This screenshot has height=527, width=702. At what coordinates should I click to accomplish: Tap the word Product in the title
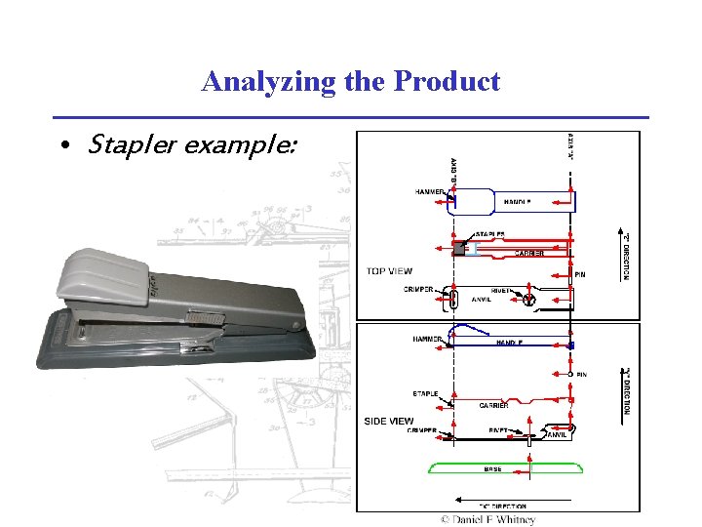tap(447, 81)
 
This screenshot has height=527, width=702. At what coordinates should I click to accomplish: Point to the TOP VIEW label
tap(389, 271)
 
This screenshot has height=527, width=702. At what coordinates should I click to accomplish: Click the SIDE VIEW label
tap(389, 421)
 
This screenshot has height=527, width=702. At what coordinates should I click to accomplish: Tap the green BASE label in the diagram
tap(493, 468)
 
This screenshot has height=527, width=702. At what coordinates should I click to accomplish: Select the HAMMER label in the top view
tap(430, 192)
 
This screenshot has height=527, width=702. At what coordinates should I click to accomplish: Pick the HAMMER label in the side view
tap(429, 339)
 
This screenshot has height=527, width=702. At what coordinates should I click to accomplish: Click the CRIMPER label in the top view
tap(419, 289)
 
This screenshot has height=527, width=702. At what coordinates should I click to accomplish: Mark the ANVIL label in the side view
tap(557, 436)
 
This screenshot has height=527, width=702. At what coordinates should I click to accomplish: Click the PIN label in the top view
tap(580, 274)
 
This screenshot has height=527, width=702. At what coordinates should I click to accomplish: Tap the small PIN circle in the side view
tap(570, 375)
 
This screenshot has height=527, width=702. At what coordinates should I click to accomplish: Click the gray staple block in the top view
tap(459, 249)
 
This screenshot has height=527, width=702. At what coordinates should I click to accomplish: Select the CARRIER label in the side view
tap(492, 404)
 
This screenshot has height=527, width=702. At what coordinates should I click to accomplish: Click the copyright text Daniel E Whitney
tap(487, 519)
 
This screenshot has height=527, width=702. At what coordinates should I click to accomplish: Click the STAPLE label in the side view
tap(425, 394)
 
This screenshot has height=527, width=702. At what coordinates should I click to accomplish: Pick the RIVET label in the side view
tap(500, 429)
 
